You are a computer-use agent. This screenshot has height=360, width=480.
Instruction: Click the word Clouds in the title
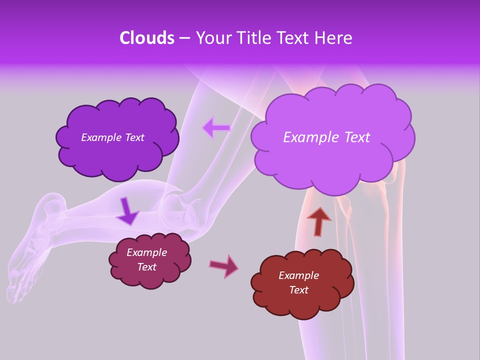tap(146, 38)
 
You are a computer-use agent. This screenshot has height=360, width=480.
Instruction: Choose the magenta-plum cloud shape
tap(150, 277)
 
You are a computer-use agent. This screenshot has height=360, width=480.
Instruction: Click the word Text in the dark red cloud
tap(298, 290)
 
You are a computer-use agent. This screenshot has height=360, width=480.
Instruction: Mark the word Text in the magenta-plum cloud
tap(147, 267)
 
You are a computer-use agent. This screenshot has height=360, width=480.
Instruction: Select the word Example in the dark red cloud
tap(298, 275)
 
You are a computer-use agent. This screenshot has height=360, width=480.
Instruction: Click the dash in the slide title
tap(184, 38)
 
